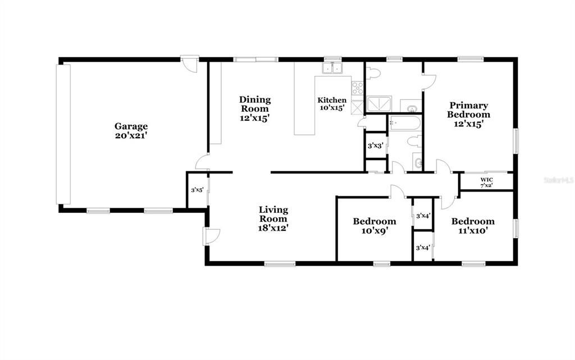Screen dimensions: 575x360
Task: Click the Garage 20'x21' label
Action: click(x=131, y=131)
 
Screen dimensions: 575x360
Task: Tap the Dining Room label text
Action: click(x=255, y=104)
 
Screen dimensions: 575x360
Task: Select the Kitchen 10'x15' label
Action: click(x=332, y=104)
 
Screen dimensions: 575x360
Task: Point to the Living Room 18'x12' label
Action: click(x=273, y=219)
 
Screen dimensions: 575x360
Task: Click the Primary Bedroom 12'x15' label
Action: click(x=468, y=115)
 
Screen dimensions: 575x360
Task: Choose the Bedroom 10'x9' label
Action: click(x=375, y=226)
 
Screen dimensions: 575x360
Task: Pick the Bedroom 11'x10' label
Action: click(x=473, y=226)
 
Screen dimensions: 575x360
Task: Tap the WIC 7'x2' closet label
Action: click(x=487, y=183)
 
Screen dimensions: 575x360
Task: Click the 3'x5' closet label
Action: click(x=197, y=190)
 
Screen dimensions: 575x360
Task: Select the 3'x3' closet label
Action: click(x=376, y=145)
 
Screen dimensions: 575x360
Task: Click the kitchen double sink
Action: click(x=332, y=68)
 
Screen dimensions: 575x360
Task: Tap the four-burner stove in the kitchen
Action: click(x=358, y=88)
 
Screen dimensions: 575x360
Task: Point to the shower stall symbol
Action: click(x=379, y=104)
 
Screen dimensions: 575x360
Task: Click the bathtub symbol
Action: click(x=405, y=122)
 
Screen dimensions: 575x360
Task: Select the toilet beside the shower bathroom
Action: click(x=373, y=73)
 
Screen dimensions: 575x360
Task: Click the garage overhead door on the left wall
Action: click(x=63, y=134)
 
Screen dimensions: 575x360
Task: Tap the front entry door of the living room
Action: click(x=212, y=236)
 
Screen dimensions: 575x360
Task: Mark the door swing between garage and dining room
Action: click(x=202, y=162)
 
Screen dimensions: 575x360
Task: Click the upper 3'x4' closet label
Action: click(x=423, y=216)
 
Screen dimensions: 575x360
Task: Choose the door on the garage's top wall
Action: click(x=190, y=64)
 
